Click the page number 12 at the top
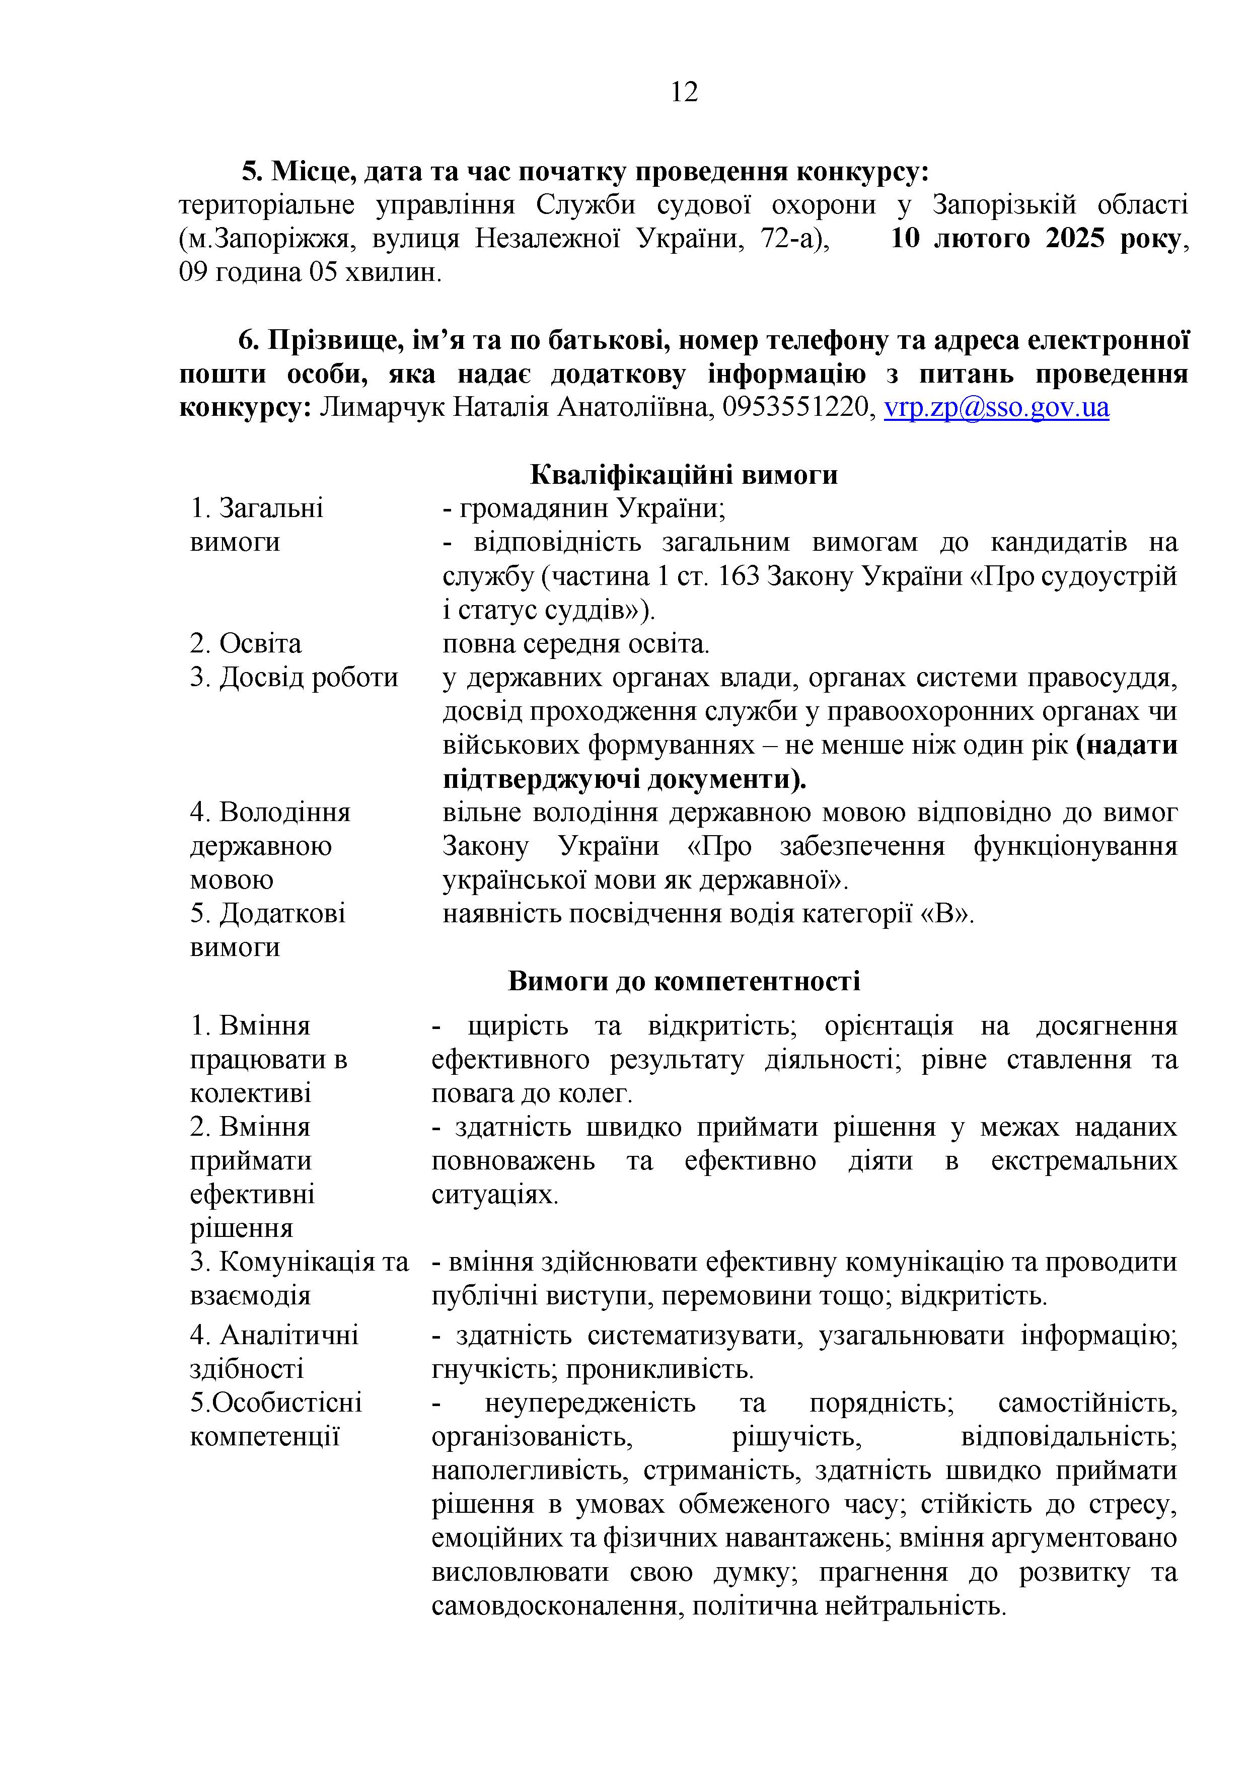tap(684, 92)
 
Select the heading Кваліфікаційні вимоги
tap(684, 475)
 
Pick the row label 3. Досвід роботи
tap(294, 677)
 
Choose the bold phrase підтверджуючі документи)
tap(624, 779)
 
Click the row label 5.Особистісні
tap(275, 1403)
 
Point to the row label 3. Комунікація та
tap(299, 1262)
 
